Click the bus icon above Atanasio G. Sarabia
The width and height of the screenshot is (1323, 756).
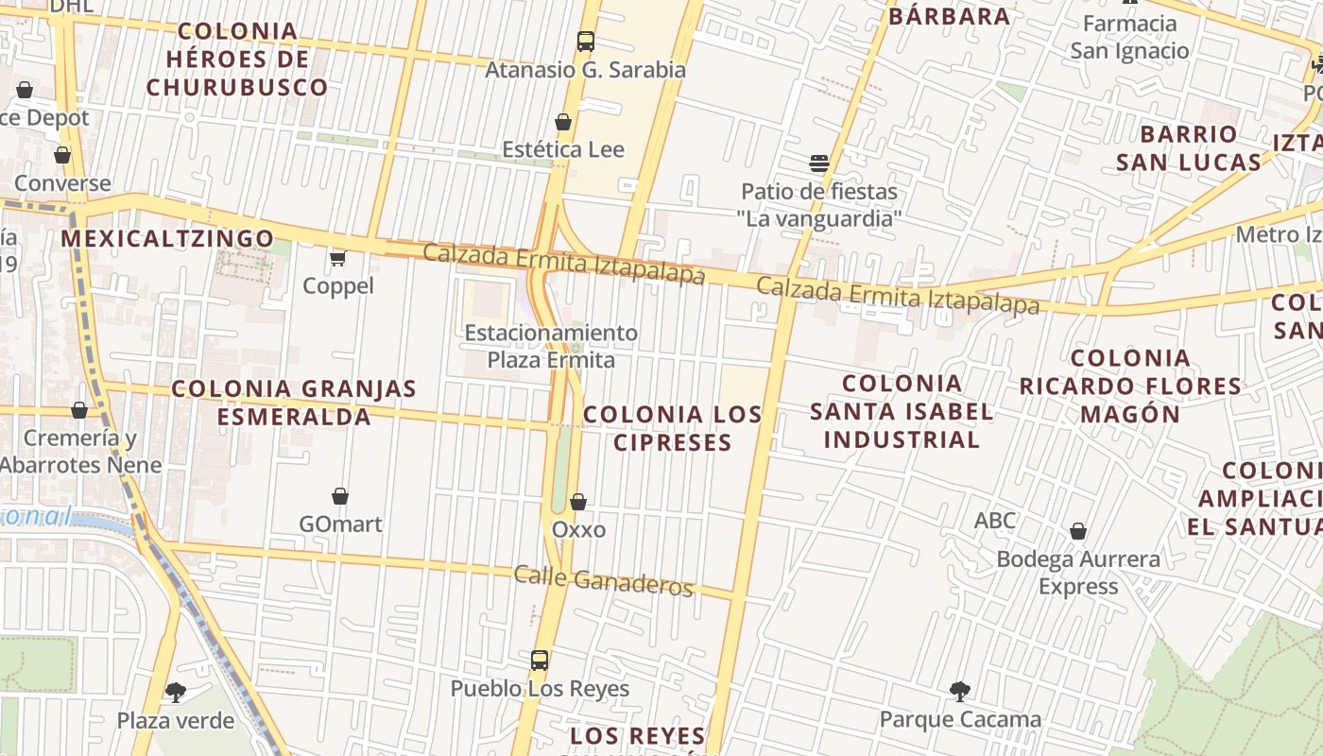586,42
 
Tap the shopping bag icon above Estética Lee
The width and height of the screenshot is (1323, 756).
563,122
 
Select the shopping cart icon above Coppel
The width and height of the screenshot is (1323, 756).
337,257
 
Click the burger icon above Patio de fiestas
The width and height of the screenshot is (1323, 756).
819,163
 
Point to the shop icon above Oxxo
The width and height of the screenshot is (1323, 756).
578,502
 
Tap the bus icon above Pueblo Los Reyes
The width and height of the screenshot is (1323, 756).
540,661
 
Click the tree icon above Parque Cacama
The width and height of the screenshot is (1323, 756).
960,692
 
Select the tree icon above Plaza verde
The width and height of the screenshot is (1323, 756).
176,693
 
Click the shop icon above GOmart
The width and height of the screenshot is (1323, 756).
340,496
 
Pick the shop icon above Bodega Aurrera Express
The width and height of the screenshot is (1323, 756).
1078,531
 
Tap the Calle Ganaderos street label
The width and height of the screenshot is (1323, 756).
603,580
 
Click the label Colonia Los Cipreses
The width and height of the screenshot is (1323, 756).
672,428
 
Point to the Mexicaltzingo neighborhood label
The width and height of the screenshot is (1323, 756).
167,238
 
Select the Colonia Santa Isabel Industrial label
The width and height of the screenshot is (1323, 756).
902,411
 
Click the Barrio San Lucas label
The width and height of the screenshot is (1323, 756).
1188,147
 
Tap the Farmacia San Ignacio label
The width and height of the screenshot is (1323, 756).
1129,37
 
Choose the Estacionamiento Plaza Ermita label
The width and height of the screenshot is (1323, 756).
551,346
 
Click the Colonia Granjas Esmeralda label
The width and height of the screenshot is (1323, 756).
294,403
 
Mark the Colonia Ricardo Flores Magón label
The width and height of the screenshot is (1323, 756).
1130,386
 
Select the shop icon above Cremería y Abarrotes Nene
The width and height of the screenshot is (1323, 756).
79,410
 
